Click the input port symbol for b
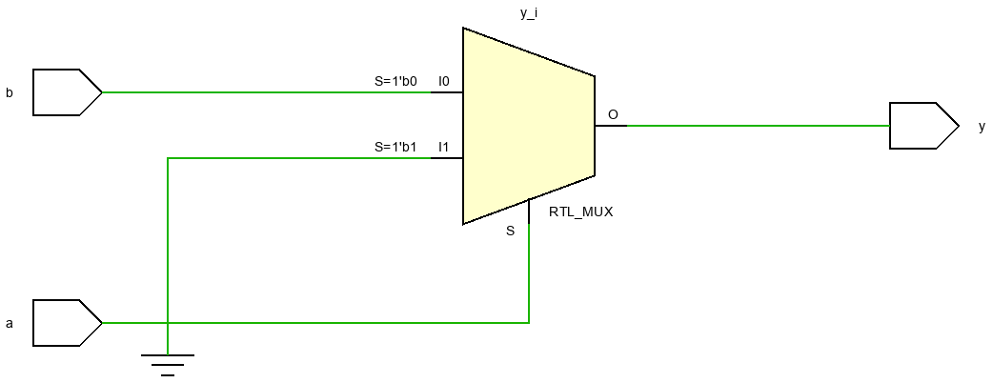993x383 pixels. (67, 92)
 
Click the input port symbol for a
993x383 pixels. (67, 323)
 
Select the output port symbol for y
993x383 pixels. (924, 126)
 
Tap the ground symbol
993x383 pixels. (168, 365)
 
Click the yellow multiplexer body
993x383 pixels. (528, 126)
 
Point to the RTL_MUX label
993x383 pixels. (580, 212)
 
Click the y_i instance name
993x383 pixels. (529, 13)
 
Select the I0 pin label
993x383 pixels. (444, 81)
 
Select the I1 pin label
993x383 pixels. (444, 147)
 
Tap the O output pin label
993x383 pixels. (613, 114)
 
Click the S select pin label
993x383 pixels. (511, 232)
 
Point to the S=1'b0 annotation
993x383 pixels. (395, 81)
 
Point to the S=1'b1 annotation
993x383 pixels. (395, 147)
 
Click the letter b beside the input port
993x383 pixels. (10, 93)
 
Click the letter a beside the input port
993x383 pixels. (10, 324)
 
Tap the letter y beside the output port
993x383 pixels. (983, 127)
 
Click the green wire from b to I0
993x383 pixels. (267, 92)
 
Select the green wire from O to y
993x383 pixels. (758, 126)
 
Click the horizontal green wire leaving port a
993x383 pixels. (315, 323)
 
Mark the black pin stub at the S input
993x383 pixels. (529, 212)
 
